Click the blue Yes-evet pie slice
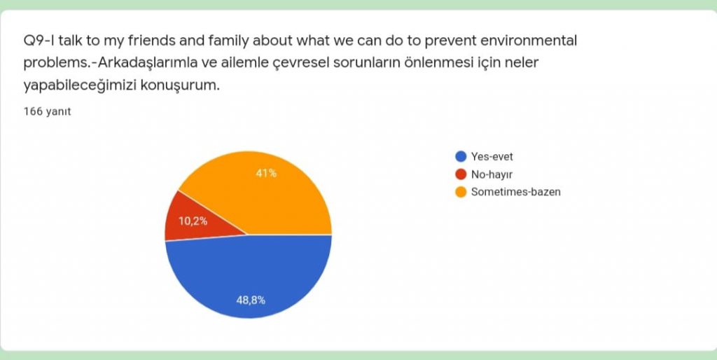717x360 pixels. pos(249,280)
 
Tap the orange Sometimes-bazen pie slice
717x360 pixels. pos(266,193)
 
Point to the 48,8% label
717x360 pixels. pos(251,300)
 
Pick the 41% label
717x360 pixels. pos(266,173)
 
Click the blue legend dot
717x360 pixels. pos(461,156)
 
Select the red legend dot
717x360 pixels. pos(461,174)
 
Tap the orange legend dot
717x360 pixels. pos(461,191)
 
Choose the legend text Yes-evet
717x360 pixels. pos(492,156)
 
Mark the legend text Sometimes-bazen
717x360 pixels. pos(515,191)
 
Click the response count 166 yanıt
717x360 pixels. pos(47,111)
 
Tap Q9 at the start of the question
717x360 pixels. pos(34,41)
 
